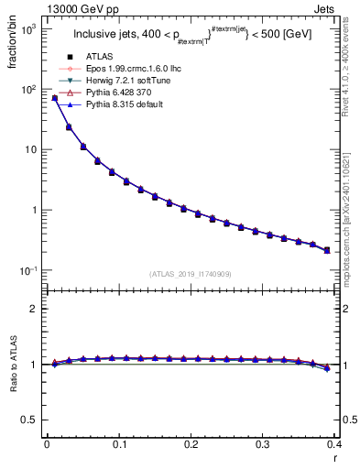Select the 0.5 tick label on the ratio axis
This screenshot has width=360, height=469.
(x=31, y=420)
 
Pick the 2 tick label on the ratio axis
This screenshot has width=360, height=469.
(x=35, y=310)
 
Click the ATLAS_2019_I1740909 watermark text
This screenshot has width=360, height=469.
(x=191, y=274)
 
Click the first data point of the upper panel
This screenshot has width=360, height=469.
(x=54, y=97)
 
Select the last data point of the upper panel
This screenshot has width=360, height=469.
(x=326, y=250)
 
